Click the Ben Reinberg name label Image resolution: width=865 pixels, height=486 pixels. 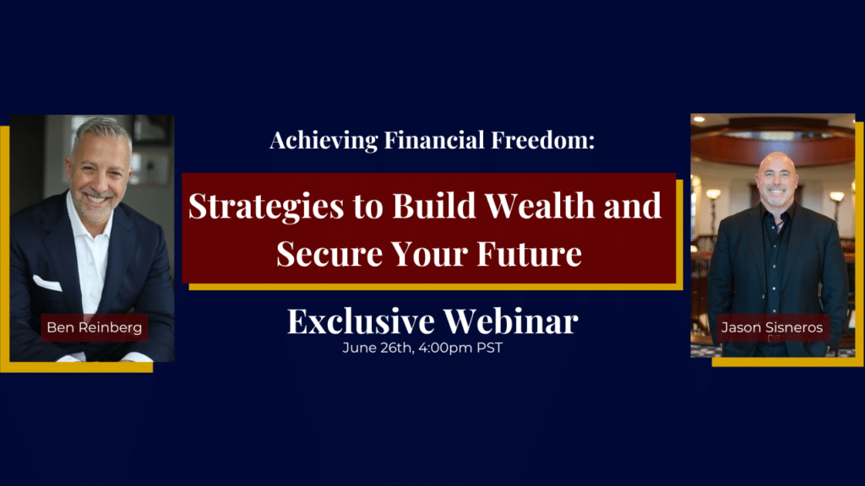[x=95, y=327]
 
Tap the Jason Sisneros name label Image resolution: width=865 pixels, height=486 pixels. [x=772, y=327]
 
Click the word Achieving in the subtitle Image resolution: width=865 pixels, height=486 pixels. [x=324, y=141]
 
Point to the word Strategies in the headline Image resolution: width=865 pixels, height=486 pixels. [x=266, y=207]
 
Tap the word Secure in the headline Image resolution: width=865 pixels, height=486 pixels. [x=329, y=253]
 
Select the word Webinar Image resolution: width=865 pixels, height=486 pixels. [x=511, y=321]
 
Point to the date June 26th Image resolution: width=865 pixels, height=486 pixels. [x=378, y=348]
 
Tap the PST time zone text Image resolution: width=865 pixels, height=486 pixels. [x=490, y=348]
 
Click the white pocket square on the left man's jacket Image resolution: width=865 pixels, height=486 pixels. [x=47, y=283]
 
